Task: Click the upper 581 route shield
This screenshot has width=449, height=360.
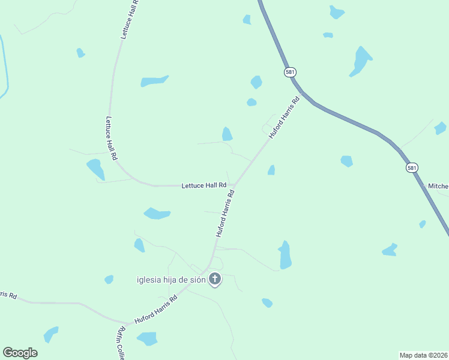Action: (290, 72)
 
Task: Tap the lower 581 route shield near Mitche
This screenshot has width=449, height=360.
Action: (411, 168)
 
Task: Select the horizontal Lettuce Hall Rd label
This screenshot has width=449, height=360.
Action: (204, 186)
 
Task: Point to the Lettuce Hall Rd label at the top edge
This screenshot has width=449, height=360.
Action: (130, 19)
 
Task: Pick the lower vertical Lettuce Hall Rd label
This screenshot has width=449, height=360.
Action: (111, 138)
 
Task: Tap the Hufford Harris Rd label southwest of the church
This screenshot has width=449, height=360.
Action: (156, 311)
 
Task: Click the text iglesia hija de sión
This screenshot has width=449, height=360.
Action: (171, 280)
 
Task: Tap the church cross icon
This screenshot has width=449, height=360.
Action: (215, 279)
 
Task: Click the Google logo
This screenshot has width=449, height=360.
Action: (20, 353)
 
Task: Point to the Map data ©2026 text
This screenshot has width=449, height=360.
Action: (424, 355)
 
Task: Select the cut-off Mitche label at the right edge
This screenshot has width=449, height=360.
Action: (438, 187)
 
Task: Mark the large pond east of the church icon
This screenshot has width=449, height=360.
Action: (285, 255)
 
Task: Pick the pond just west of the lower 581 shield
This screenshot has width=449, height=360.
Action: (346, 161)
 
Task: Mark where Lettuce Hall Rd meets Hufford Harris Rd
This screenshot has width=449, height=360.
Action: (234, 185)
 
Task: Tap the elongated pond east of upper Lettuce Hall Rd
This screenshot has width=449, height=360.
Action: (154, 81)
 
